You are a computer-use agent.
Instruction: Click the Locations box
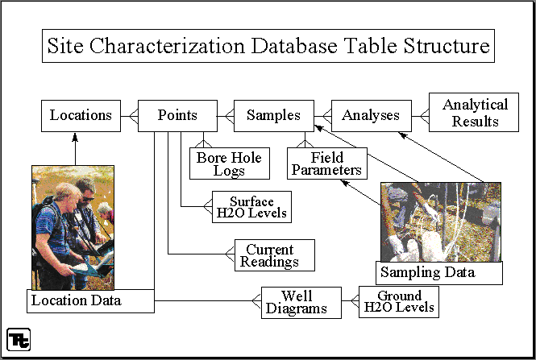click(81, 116)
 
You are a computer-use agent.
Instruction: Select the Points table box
click(177, 116)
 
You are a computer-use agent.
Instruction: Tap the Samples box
click(274, 116)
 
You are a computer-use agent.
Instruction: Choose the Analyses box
click(372, 116)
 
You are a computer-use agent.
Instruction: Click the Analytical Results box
click(474, 113)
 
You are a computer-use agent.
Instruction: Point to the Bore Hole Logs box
click(230, 163)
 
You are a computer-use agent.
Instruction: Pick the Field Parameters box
click(327, 163)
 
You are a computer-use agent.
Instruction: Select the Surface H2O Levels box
click(252, 207)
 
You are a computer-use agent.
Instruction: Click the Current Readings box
click(275, 255)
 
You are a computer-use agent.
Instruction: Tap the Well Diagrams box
click(301, 303)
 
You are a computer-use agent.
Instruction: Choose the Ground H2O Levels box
click(399, 302)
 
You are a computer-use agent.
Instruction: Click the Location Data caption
click(77, 300)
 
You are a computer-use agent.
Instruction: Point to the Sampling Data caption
click(428, 272)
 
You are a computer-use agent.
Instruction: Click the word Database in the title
click(295, 46)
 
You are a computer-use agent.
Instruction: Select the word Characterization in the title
click(167, 46)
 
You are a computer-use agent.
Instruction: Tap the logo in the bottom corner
click(19, 340)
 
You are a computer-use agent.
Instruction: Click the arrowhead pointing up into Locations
click(75, 137)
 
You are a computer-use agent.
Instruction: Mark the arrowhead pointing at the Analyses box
click(403, 135)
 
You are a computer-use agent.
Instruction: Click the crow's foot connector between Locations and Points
click(133, 116)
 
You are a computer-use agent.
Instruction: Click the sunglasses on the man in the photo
click(88, 199)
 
